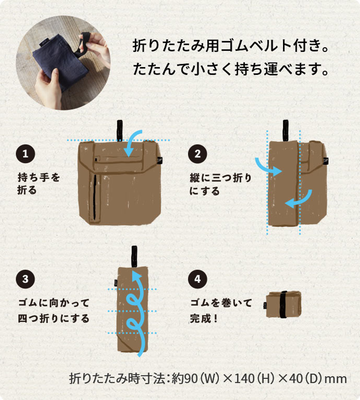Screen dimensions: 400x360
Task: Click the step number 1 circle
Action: click(25, 154)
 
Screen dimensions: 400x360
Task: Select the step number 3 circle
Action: click(25, 279)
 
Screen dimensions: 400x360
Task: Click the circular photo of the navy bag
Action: click(63, 63)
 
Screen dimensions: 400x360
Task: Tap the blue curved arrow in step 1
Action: click(135, 143)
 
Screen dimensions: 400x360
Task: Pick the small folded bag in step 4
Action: click(283, 305)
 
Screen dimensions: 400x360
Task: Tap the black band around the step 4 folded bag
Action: click(283, 305)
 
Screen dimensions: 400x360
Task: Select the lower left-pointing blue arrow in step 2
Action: click(299, 199)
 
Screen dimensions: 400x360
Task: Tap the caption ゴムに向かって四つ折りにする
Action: click(54, 310)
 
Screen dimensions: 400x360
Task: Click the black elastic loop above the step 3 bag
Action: click(134, 255)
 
